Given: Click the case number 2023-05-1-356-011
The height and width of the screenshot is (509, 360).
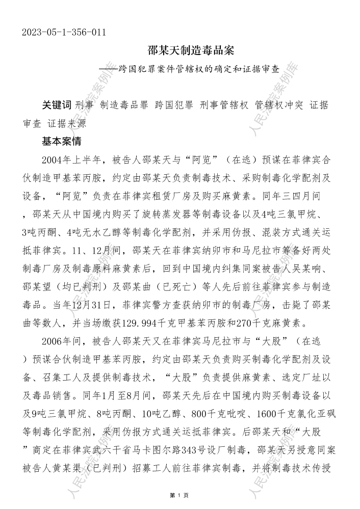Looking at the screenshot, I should pos(64,32).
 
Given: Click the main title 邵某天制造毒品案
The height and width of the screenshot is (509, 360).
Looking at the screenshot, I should pos(190,51).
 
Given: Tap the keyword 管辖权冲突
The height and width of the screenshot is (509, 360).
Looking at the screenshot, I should pos(279,105).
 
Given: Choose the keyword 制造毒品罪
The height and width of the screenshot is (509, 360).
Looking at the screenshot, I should pos(124,105).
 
